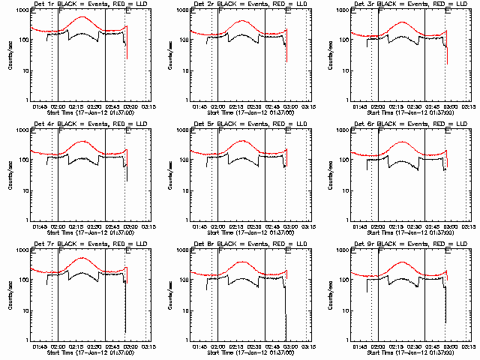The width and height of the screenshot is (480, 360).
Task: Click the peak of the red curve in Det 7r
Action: pyautogui.click(x=81, y=258)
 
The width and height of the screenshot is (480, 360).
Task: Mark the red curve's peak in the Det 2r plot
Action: pyautogui.click(x=241, y=21)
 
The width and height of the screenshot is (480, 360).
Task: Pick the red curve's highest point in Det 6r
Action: pyautogui.click(x=403, y=142)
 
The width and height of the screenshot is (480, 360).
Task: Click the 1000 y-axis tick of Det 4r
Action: pyautogui.click(x=21, y=130)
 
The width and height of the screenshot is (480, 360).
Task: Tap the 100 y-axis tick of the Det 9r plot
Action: pyautogui.click(x=344, y=280)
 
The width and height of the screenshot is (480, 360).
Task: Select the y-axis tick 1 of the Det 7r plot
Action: pyautogui.click(x=27, y=339)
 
